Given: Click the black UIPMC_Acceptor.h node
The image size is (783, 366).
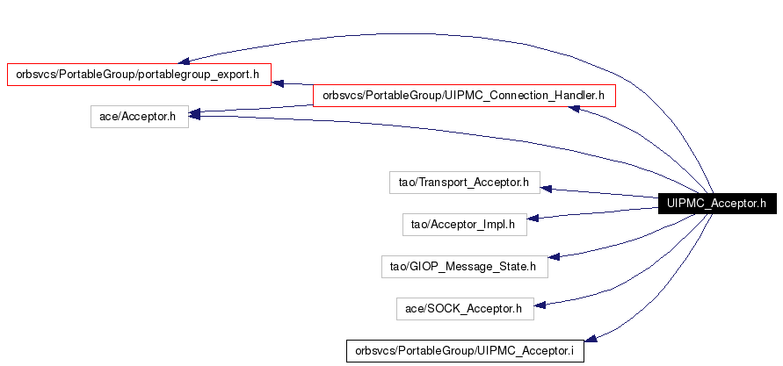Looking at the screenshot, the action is click(717, 204).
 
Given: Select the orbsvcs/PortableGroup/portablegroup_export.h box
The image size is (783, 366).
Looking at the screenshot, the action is click(139, 75).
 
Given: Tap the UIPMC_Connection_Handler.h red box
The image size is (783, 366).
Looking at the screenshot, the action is click(464, 96).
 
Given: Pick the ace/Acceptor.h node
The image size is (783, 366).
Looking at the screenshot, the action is click(140, 117).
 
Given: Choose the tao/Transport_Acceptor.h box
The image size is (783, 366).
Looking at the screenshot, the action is click(464, 183).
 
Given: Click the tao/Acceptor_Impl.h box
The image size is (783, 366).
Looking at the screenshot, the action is click(464, 225).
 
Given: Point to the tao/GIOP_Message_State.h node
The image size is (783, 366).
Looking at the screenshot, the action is click(464, 267).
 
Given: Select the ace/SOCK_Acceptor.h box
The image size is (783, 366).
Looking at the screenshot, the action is click(465, 309).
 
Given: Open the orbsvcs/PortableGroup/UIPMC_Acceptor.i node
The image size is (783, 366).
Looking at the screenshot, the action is click(465, 350).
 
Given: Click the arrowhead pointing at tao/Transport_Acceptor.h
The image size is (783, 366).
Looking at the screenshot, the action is click(546, 189).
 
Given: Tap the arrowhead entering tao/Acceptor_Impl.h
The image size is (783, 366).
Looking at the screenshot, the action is click(533, 218).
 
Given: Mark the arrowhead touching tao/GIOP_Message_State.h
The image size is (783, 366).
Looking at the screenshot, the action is click(554, 256).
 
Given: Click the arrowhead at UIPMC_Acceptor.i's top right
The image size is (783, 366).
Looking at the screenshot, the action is click(591, 338).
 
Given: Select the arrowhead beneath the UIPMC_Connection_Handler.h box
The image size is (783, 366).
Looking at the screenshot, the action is click(574, 108).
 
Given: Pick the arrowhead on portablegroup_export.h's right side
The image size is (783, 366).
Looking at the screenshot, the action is click(277, 83).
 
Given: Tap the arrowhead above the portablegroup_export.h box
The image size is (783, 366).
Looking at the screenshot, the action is click(184, 61).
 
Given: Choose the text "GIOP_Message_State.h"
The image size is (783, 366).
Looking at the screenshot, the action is click(473, 267).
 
